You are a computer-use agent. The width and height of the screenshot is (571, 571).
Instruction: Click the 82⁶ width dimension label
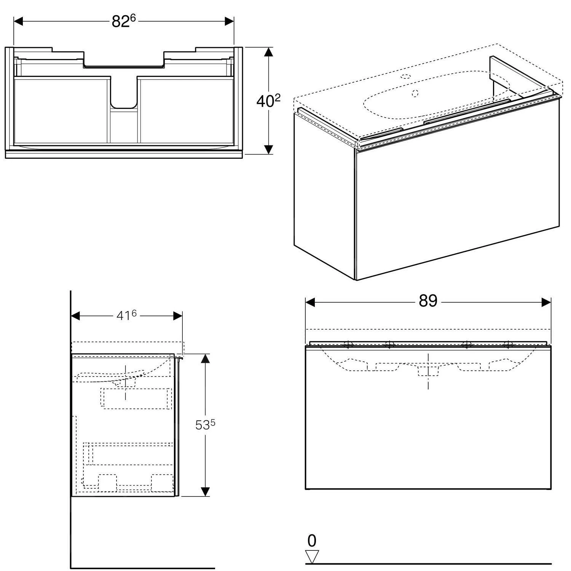point(124,22)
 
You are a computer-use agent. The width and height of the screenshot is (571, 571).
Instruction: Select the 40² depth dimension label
point(268,101)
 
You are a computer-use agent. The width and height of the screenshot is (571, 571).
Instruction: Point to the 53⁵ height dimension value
point(205,424)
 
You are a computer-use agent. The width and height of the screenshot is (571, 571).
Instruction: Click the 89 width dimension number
point(428,301)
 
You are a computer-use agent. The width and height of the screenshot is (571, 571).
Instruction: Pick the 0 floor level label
point(312,541)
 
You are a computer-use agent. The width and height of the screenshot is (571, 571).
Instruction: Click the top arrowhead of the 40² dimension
point(269,52)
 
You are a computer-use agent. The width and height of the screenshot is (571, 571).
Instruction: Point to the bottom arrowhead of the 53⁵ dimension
point(205,491)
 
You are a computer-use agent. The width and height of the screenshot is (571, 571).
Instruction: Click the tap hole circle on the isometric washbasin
point(406,76)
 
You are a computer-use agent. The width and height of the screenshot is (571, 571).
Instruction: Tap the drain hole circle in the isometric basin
point(415,93)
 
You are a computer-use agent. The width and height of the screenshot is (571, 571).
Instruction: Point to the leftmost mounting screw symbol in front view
point(348,345)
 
